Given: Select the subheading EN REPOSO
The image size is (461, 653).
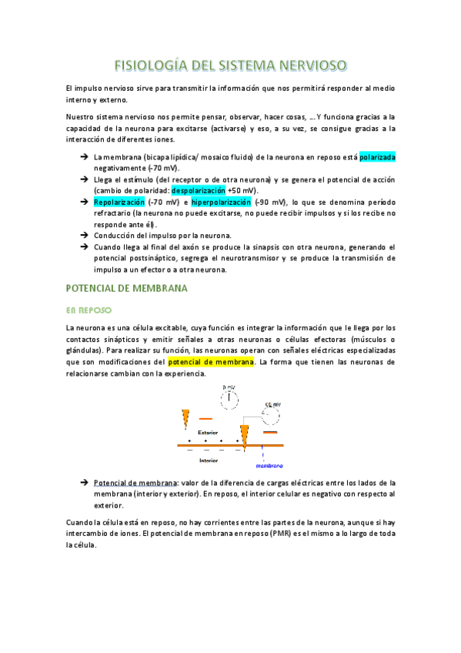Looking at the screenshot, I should [89, 310].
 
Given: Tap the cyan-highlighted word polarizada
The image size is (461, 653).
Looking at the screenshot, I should [377, 157].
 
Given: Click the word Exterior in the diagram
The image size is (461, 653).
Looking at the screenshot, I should [208, 432].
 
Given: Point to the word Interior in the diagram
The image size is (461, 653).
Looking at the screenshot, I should [208, 460].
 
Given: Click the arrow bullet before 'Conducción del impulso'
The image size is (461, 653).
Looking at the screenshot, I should [83, 235].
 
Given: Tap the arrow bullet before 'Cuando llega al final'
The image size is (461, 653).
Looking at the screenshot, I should [83, 246].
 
